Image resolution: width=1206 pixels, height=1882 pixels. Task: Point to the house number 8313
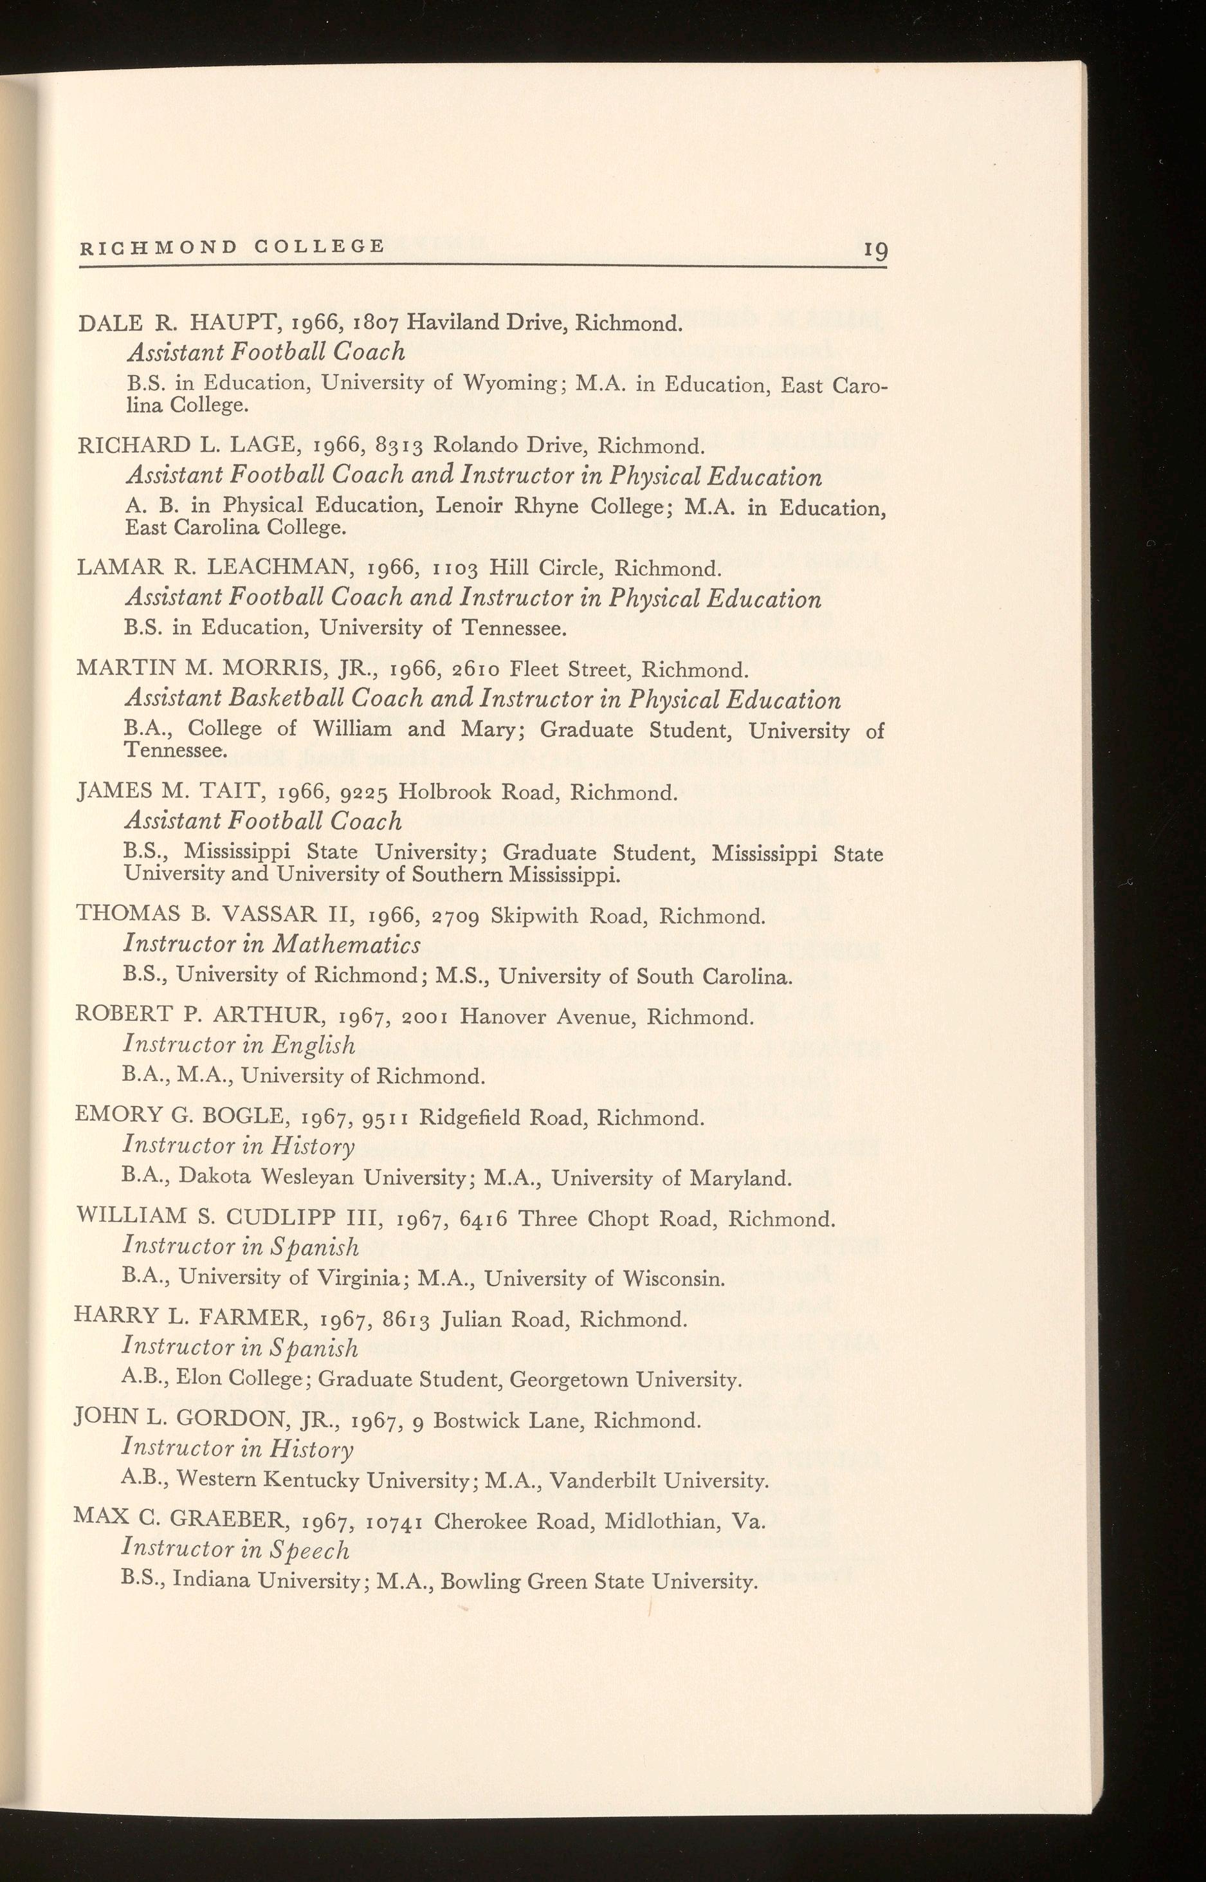tap(400, 446)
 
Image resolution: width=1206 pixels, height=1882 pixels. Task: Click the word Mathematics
tap(346, 945)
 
